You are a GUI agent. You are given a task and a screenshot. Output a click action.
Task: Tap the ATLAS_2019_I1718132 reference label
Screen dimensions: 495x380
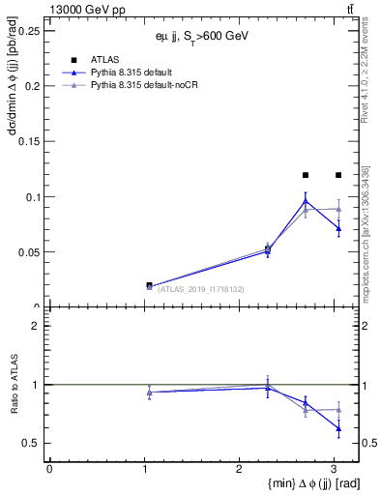(200, 289)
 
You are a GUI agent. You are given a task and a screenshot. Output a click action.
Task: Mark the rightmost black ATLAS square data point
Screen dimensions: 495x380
(338, 175)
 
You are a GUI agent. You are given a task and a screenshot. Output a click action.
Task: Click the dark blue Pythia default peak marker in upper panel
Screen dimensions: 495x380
(306, 201)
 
